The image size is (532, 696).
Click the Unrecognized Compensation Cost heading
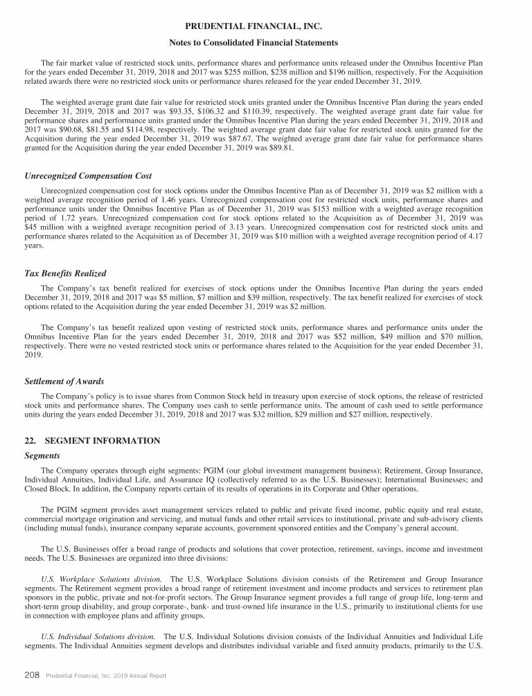[x=88, y=176]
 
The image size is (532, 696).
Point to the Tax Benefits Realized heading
[x=65, y=273]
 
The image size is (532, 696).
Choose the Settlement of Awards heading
[x=64, y=381]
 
